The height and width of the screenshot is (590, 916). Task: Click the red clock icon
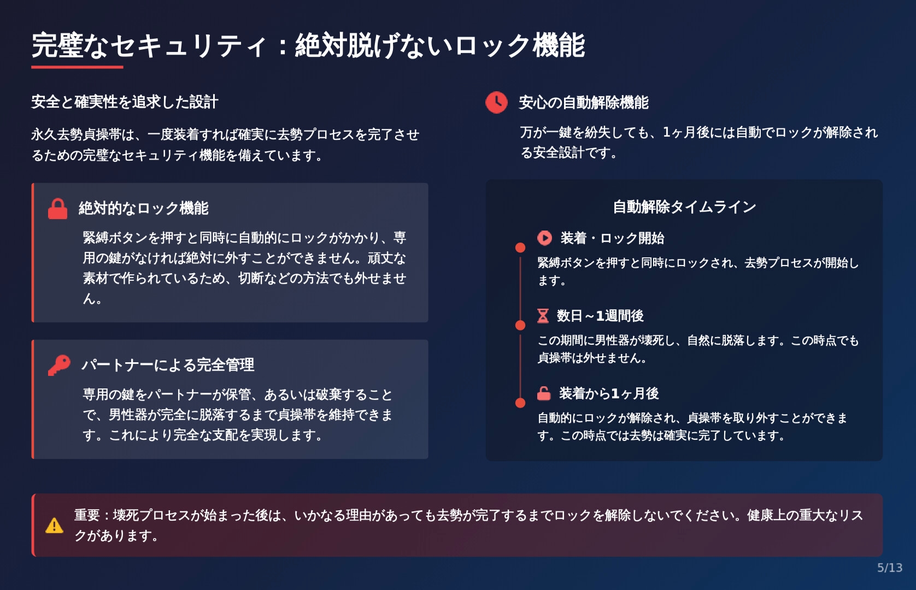(x=496, y=102)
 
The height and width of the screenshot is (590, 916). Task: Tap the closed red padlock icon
(x=57, y=209)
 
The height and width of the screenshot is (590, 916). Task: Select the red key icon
(x=59, y=365)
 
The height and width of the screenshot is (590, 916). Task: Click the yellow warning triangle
(x=55, y=526)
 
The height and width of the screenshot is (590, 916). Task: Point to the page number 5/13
(x=889, y=568)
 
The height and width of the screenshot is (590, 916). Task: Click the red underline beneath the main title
(x=77, y=67)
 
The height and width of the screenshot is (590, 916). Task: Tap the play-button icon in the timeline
(x=545, y=238)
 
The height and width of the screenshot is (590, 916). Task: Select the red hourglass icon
(x=543, y=316)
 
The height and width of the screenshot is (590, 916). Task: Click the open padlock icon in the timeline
(x=544, y=393)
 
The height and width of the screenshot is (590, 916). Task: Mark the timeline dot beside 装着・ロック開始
(x=520, y=248)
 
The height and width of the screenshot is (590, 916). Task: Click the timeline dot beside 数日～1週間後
(x=520, y=326)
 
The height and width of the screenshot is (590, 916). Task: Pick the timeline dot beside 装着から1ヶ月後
(x=520, y=403)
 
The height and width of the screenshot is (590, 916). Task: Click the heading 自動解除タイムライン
(x=684, y=207)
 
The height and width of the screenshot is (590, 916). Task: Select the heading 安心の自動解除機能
(x=584, y=103)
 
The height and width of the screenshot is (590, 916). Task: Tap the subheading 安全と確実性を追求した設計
(x=125, y=102)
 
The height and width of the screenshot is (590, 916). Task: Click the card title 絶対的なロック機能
(x=144, y=209)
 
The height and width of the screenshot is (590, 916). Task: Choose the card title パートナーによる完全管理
(x=168, y=365)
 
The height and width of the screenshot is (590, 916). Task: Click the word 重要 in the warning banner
(x=87, y=515)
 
